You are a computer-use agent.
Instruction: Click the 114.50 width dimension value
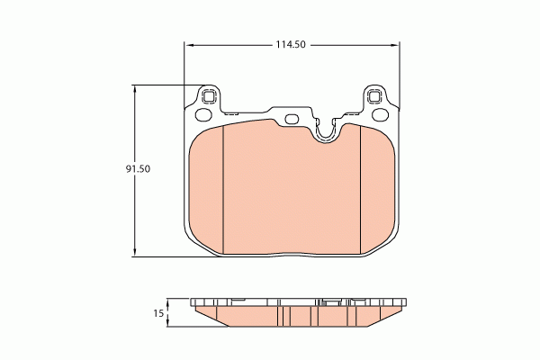click(292, 43)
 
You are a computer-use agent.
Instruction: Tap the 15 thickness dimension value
click(158, 313)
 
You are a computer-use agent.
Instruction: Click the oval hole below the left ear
click(203, 114)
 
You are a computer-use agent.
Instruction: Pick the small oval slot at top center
click(292, 119)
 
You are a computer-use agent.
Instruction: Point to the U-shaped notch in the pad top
click(326, 133)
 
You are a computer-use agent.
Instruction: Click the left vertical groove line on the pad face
click(222, 189)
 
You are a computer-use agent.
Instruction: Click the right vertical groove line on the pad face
click(360, 189)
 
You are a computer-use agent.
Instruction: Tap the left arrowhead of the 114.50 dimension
click(189, 43)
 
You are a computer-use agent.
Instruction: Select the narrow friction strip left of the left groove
click(206, 189)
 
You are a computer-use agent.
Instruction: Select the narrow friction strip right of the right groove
click(376, 189)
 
